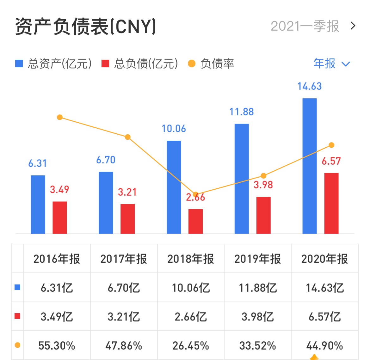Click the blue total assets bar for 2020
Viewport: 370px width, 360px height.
pyautogui.click(x=309, y=166)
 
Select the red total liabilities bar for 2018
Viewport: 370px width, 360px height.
pyautogui.click(x=195, y=221)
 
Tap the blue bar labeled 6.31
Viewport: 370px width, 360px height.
pyautogui.click(x=38, y=204)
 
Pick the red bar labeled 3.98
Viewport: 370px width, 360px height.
pyautogui.click(x=263, y=215)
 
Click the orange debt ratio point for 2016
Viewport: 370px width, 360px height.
pyautogui.click(x=60, y=118)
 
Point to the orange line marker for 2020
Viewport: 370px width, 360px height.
pyautogui.click(x=331, y=145)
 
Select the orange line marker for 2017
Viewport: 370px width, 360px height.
pyautogui.click(x=127, y=137)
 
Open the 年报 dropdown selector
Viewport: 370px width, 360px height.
pyautogui.click(x=331, y=64)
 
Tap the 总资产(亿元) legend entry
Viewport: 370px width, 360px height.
pyautogui.click(x=54, y=64)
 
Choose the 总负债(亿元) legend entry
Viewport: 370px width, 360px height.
pyautogui.click(x=140, y=64)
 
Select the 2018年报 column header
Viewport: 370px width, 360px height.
pyautogui.click(x=191, y=259)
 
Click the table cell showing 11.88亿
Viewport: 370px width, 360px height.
pyautogui.click(x=258, y=288)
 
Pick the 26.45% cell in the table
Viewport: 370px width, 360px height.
pyautogui.click(x=191, y=345)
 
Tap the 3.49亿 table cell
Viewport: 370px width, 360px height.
pyautogui.click(x=57, y=316)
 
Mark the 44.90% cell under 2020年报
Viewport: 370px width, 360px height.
pyautogui.click(x=324, y=345)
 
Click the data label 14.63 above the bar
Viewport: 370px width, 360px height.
pyautogui.click(x=309, y=86)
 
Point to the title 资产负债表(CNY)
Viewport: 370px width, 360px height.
pyautogui.click(x=85, y=27)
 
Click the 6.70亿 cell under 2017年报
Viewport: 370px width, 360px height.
pyautogui.click(x=124, y=288)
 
